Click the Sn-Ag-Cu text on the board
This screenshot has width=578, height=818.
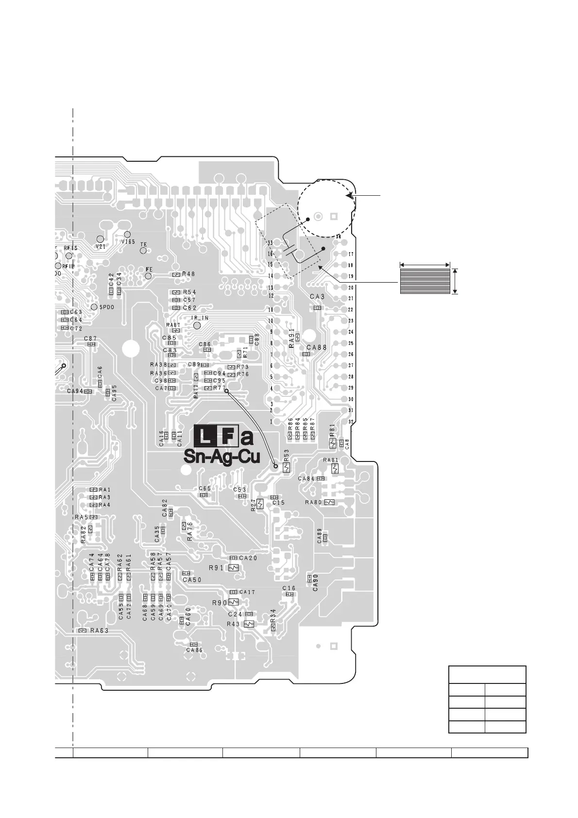pos(221,457)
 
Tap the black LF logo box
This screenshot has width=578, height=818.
pos(217,437)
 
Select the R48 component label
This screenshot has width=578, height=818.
pos(189,274)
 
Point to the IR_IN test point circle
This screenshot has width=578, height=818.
pos(197,325)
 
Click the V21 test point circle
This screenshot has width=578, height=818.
pos(100,239)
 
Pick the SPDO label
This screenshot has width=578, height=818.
pos(107,307)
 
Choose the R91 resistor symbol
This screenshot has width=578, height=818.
pos(235,567)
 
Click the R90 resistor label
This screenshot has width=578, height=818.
pos(220,602)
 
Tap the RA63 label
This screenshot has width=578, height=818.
pos(99,631)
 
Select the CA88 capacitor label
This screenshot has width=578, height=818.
pos(317,347)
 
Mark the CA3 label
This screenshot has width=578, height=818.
pos(317,296)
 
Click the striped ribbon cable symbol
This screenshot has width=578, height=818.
pos(425,281)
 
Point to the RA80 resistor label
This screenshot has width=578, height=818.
pos(313,502)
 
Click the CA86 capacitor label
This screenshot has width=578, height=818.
pos(194,650)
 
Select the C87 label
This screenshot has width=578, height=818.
pos(90,339)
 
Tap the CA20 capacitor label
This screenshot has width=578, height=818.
pos(248,558)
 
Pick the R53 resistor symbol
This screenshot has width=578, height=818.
pos(286,467)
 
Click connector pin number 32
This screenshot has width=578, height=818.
pos(351,421)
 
